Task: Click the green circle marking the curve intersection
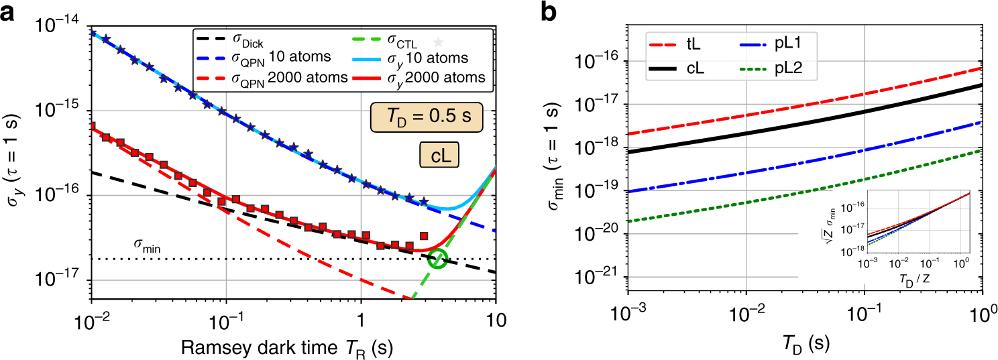[x=438, y=258]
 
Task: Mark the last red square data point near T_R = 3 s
[x=423, y=235]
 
